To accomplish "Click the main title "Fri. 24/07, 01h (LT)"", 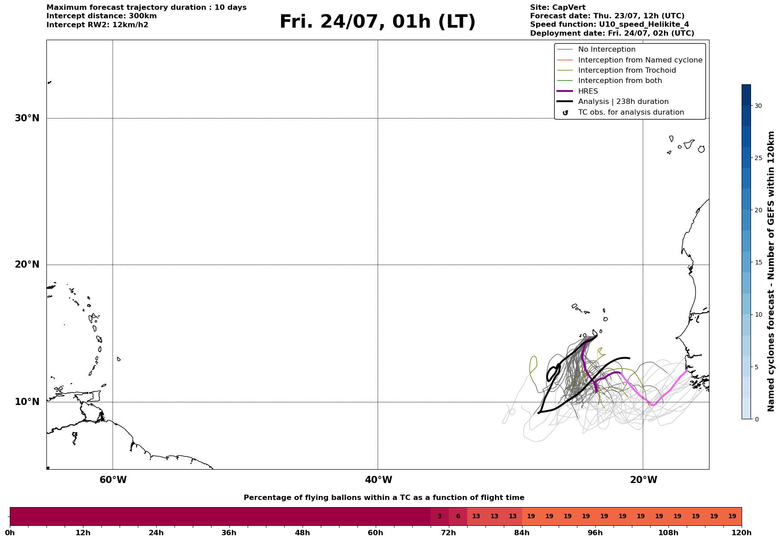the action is click(x=378, y=22).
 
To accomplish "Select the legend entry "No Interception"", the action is click(x=607, y=50).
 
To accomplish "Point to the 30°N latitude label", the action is click(x=27, y=118).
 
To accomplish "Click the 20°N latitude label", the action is click(x=27, y=264).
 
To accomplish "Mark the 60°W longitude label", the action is click(x=113, y=480).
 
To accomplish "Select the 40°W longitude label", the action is click(x=378, y=480).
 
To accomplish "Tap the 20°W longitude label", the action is click(x=643, y=480).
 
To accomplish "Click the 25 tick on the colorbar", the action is click(x=758, y=158).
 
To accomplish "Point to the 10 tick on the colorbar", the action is click(x=758, y=314).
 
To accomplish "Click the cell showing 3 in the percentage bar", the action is click(x=440, y=516).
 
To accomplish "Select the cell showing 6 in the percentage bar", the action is click(x=458, y=516).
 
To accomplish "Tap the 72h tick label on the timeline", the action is click(x=448, y=533).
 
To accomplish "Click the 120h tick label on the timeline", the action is click(x=741, y=533).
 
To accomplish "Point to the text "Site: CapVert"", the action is click(x=558, y=8).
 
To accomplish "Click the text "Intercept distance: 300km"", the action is click(x=102, y=16).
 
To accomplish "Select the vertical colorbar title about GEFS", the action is click(x=771, y=271).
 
